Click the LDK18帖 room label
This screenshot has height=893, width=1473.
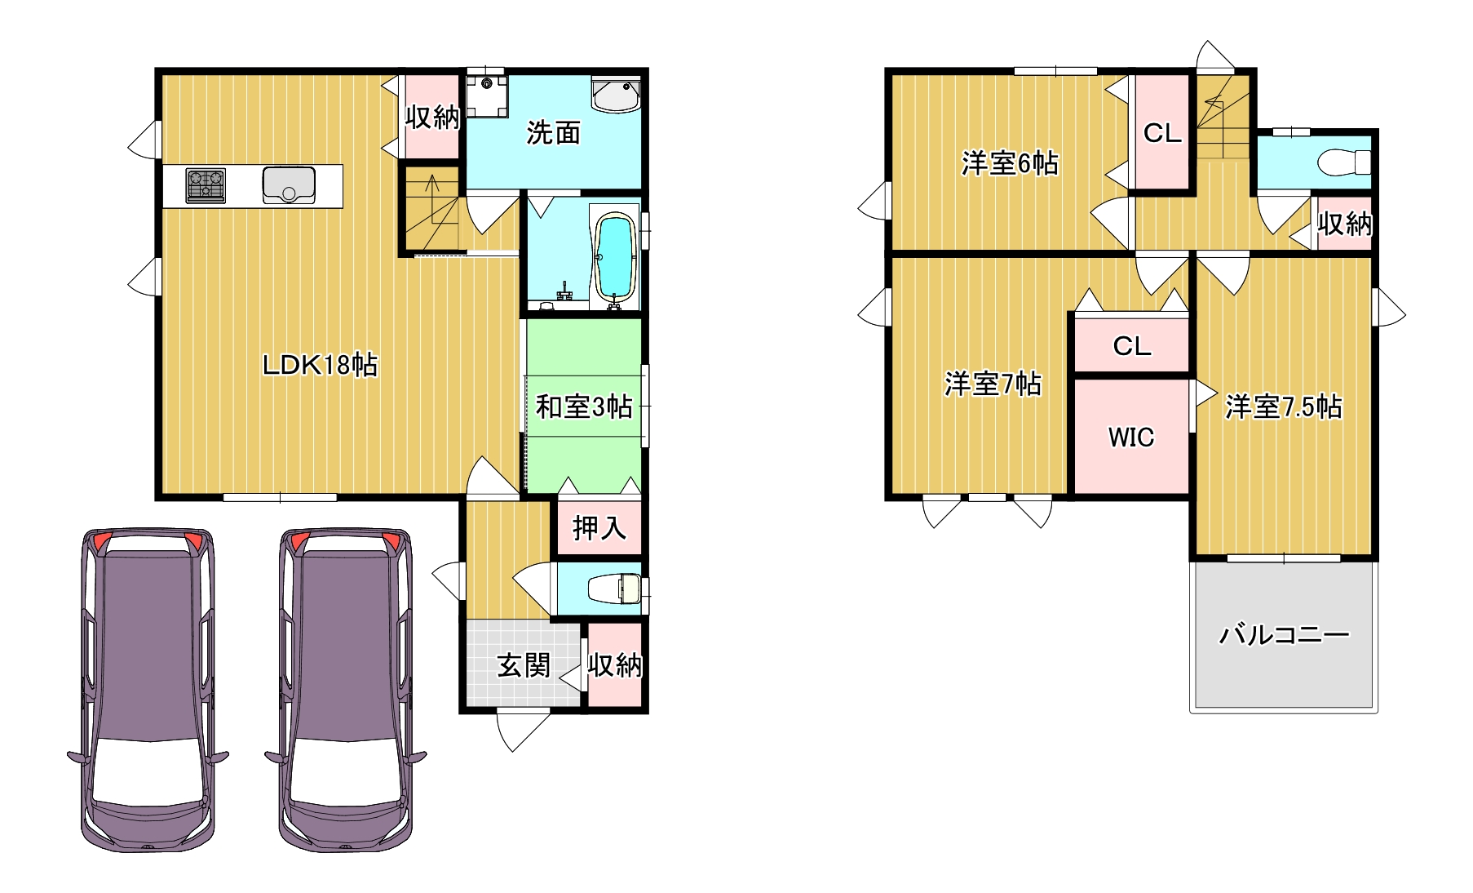320,365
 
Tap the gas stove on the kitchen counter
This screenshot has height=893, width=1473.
206,185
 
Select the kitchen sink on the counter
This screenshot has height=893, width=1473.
289,185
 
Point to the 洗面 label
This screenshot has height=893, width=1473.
553,132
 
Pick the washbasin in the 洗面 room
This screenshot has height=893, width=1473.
617,95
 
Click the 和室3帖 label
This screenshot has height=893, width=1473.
584,406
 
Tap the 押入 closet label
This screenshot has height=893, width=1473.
599,528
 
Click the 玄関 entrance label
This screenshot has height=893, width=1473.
524,665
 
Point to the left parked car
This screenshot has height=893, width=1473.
148,691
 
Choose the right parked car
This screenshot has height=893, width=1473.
345,691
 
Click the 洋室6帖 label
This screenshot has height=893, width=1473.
1010,163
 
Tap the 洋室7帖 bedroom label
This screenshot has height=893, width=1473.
993,384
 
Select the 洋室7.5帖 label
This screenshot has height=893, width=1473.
1283,407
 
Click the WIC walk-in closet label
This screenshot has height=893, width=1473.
1130,438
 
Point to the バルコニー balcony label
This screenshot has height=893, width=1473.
1284,634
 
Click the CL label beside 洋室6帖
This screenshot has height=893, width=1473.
1162,133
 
